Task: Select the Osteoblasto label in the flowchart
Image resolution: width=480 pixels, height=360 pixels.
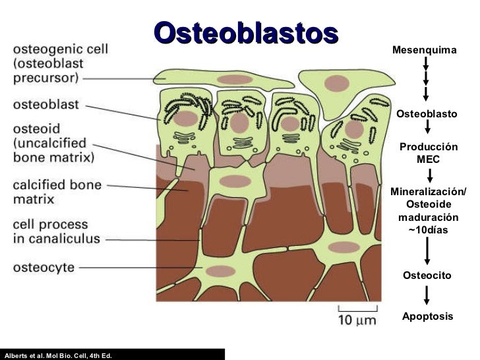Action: [x=427, y=114]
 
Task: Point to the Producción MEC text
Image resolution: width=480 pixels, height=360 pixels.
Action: [x=429, y=153]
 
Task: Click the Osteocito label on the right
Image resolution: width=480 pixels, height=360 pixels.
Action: [x=427, y=275]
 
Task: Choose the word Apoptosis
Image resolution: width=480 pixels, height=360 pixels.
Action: [x=428, y=316]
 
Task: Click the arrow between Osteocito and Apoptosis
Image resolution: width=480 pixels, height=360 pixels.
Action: [x=427, y=295]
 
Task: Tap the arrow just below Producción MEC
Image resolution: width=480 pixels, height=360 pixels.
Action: [x=429, y=175]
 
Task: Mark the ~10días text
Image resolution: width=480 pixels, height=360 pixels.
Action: [x=428, y=229]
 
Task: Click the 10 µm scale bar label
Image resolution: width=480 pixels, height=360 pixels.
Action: [x=357, y=320]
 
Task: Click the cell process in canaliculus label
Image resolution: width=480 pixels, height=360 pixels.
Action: [x=57, y=231]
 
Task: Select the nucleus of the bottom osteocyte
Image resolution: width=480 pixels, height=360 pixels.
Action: [x=223, y=271]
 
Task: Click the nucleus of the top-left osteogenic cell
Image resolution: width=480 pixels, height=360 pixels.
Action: [x=231, y=79]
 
